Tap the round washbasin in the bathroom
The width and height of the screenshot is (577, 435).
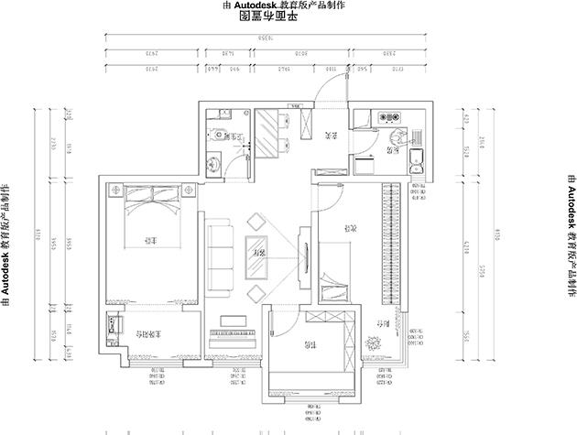(x=213, y=163)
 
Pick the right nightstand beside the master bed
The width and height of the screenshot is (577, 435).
(x=189, y=190)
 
